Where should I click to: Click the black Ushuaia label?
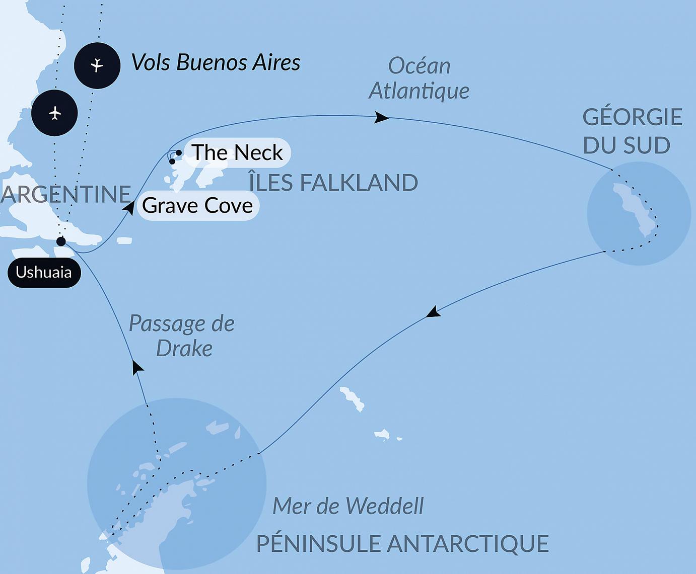click(44, 273)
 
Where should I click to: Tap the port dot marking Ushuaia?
click(61, 241)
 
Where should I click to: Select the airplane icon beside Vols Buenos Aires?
click(97, 65)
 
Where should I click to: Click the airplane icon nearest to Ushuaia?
click(54, 113)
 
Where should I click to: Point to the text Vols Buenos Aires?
click(216, 63)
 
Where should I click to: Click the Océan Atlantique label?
click(419, 78)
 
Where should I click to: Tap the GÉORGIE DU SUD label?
click(632, 131)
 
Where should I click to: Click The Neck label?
click(237, 152)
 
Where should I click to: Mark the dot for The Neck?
click(179, 153)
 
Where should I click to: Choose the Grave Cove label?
click(197, 205)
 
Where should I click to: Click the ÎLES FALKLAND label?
click(333, 183)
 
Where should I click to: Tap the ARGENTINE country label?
click(65, 194)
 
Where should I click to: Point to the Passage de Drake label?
click(182, 336)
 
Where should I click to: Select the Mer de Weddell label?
click(348, 506)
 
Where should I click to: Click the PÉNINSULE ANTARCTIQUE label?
click(402, 544)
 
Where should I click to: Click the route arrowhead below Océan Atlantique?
click(381, 118)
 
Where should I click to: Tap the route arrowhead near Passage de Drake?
click(136, 367)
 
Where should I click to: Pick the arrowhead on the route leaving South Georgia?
click(433, 312)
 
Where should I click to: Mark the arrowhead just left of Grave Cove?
click(129, 207)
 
